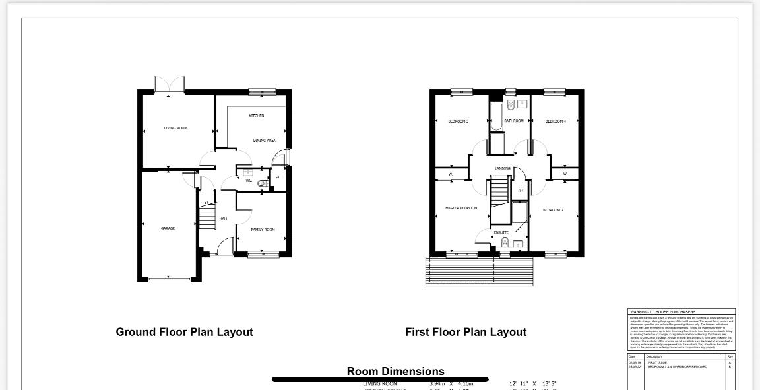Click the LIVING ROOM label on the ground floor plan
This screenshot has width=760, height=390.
coord(175,128)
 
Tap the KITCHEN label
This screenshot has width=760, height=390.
coord(257,116)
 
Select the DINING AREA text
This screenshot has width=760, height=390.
coord(265,141)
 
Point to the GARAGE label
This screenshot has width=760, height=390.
coord(168,228)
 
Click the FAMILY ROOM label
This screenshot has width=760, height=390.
coord(263,230)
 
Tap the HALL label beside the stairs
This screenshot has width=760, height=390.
coord(224,218)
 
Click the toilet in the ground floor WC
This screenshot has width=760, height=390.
coord(262,184)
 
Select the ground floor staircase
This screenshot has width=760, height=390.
coord(208,215)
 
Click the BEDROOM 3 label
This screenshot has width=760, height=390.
coord(459,121)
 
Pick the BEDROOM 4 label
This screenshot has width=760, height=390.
coord(555,121)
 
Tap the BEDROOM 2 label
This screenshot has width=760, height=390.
coord(553,210)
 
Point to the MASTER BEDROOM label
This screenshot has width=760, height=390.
coord(461,208)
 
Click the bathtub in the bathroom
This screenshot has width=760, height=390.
coord(496,116)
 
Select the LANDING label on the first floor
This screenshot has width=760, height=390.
coord(503,168)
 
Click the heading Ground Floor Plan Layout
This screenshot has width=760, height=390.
coord(184,332)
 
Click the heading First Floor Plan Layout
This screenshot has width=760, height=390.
coord(466,332)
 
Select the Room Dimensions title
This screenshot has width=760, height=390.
coord(395,371)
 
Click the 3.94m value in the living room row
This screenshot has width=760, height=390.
coord(438,384)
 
